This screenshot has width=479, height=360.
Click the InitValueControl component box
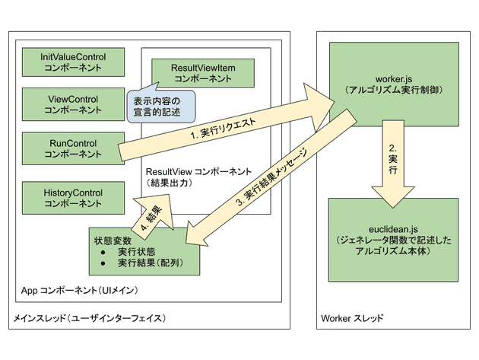72,62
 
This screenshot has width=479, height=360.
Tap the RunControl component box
72,147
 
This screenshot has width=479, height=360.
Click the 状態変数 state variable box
143,252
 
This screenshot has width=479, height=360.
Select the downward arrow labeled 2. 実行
393,167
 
